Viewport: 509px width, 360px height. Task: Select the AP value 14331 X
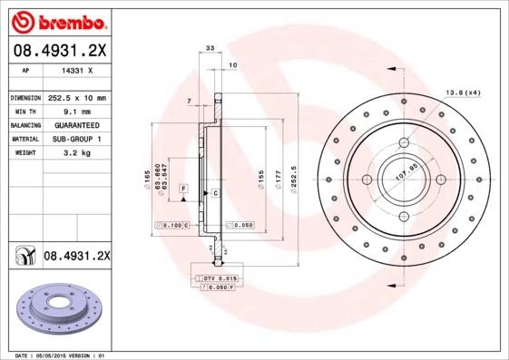(78, 70)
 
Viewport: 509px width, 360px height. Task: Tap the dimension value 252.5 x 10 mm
(76, 97)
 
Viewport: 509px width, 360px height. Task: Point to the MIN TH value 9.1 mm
(76, 111)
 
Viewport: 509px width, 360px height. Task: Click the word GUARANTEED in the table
(76, 124)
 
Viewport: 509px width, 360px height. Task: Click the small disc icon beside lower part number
(23, 258)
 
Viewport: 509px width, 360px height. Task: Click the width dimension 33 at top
(210, 47)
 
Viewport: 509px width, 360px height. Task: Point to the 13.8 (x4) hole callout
(463, 92)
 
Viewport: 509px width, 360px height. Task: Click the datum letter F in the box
(183, 187)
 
